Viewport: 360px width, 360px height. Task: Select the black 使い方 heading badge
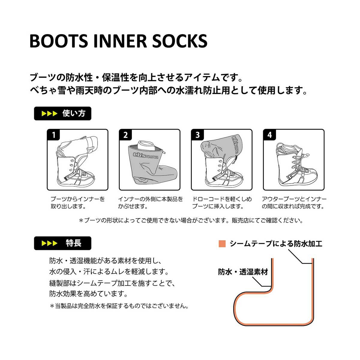[62, 114]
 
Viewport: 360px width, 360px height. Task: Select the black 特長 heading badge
[62, 243]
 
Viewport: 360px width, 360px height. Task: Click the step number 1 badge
[54, 135]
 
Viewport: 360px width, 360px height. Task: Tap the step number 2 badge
[125, 135]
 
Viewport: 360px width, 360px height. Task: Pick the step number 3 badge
[197, 135]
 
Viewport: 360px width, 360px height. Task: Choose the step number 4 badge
[269, 135]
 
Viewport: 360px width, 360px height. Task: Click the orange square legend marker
[222, 243]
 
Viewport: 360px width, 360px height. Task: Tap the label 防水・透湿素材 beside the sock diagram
[243, 272]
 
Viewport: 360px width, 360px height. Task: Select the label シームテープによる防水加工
[276, 243]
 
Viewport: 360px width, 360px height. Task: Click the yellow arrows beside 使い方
[49, 114]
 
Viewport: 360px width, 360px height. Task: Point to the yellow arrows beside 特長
[49, 243]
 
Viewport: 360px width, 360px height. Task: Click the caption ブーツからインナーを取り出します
[77, 202]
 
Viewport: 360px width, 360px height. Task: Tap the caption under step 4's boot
[294, 202]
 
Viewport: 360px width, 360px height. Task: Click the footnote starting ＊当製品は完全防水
[119, 306]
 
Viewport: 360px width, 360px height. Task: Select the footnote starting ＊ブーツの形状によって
[191, 220]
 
